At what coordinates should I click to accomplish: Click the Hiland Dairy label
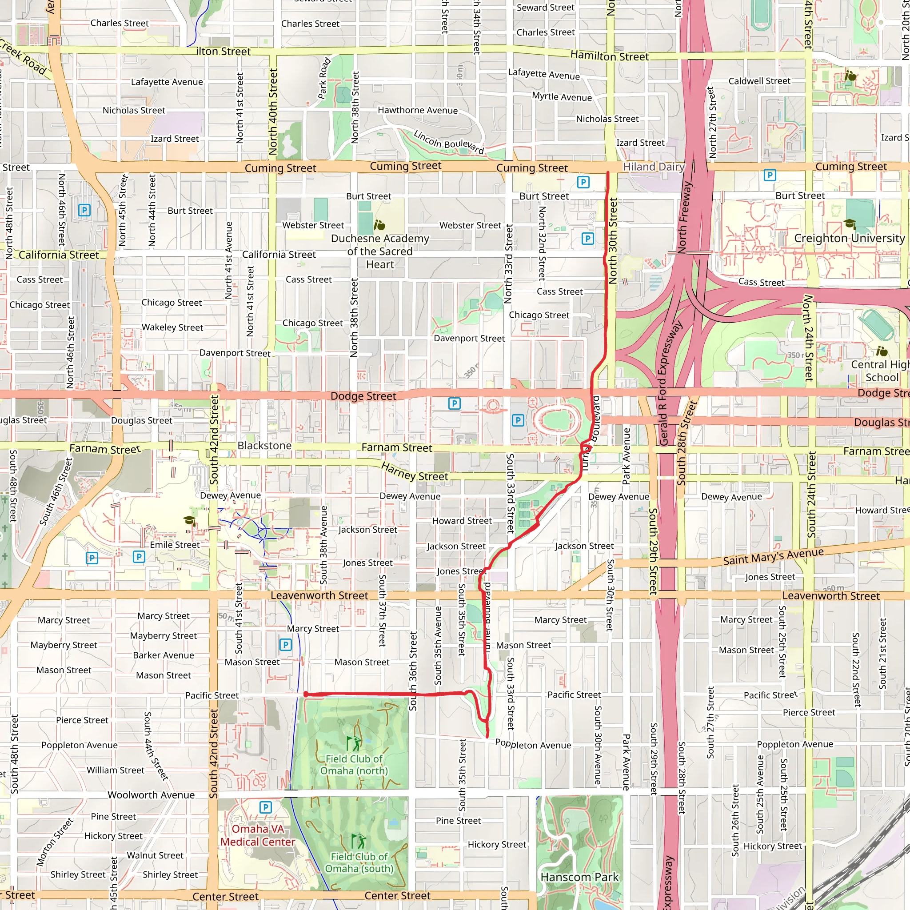tap(654, 167)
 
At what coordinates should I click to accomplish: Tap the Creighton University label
tap(849, 238)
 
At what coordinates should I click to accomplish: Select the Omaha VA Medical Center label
tap(258, 835)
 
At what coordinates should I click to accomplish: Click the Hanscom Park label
tap(579, 877)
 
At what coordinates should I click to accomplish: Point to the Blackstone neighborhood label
tap(264, 446)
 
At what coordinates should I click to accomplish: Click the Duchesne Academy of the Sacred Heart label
tap(379, 251)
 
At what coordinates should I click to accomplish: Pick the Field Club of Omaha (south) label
tap(359, 862)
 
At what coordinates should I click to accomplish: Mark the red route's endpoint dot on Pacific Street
tap(306, 694)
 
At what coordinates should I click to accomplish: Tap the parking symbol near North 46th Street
tap(84, 210)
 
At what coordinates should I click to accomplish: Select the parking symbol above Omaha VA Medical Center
tap(266, 807)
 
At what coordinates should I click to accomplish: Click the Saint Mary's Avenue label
tap(774, 556)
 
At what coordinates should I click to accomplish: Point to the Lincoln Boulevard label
tap(448, 141)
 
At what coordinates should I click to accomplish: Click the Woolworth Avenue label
tap(151, 795)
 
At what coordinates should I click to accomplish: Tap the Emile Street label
tap(175, 545)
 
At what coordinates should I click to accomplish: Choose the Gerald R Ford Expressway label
tap(670, 384)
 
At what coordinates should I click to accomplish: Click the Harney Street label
tap(415, 472)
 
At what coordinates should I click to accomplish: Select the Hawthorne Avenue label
tap(417, 110)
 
